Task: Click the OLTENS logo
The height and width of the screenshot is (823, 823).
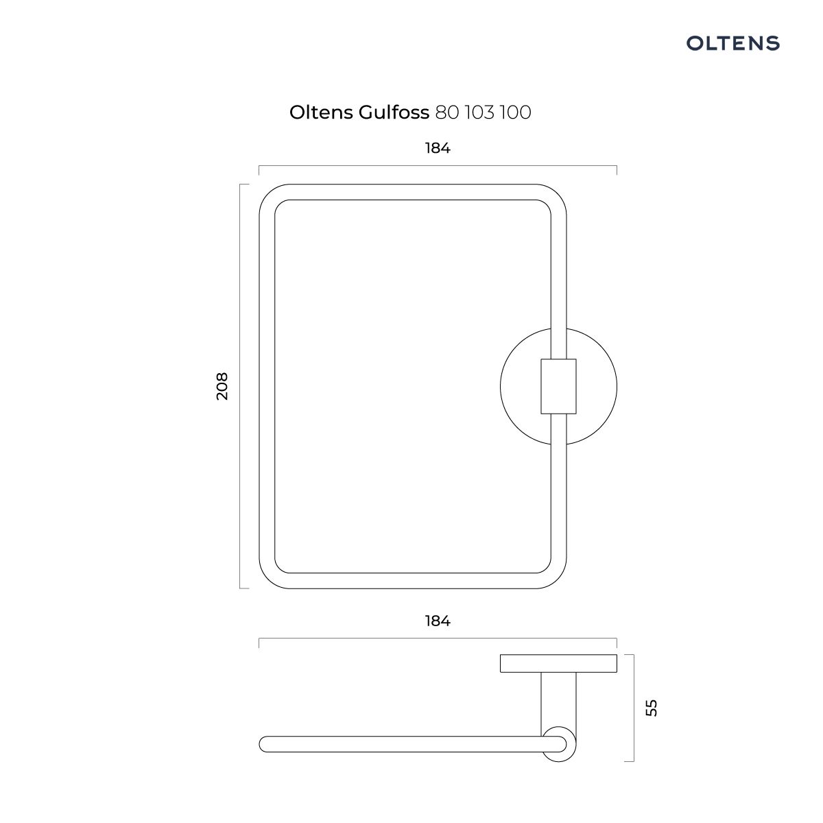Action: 732,43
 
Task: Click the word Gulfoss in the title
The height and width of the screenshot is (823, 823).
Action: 394,112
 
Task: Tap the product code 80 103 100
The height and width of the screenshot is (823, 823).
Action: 483,112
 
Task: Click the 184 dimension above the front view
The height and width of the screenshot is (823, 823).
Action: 438,148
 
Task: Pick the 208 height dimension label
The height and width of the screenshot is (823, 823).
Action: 222,386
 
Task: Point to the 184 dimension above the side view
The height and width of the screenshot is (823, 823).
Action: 438,621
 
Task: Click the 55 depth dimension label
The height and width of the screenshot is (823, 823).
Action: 652,708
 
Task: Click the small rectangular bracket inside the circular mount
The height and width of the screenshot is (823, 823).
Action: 558,386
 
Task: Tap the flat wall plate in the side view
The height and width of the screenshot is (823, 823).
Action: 558,663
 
